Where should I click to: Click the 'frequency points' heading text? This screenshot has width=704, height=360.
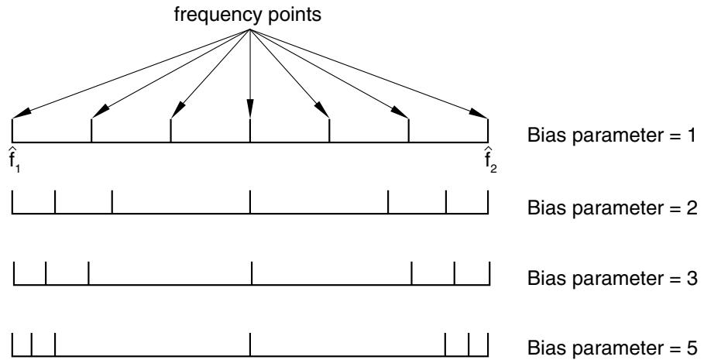pyautogui.click(x=247, y=15)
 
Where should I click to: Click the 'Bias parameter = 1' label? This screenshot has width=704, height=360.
pyautogui.click(x=612, y=135)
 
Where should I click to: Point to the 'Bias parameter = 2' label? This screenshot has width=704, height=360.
pyautogui.click(x=612, y=207)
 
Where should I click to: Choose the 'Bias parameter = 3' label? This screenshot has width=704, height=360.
pyautogui.click(x=612, y=278)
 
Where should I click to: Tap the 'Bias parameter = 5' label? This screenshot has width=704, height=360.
pyautogui.click(x=612, y=348)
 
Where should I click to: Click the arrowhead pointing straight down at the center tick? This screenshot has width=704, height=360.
pyautogui.click(x=250, y=110)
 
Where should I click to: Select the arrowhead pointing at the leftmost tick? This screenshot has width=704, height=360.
pyautogui.click(x=21, y=114)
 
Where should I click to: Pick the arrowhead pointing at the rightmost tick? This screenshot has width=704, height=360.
pyautogui.click(x=479, y=114)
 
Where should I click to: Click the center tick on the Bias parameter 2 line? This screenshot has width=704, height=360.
pyautogui.click(x=250, y=202)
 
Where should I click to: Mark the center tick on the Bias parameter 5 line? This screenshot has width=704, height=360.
pyautogui.click(x=250, y=345)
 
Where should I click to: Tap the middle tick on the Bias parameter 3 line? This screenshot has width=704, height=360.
pyautogui.click(x=252, y=273)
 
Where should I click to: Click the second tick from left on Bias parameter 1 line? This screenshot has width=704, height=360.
pyautogui.click(x=91, y=131)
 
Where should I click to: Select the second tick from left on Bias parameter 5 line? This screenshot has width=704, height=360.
pyautogui.click(x=32, y=345)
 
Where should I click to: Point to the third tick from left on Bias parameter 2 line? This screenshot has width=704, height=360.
pyautogui.click(x=112, y=202)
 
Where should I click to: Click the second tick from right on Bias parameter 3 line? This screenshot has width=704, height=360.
pyautogui.click(x=455, y=273)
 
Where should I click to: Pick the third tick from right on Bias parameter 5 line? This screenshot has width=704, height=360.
pyautogui.click(x=445, y=345)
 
